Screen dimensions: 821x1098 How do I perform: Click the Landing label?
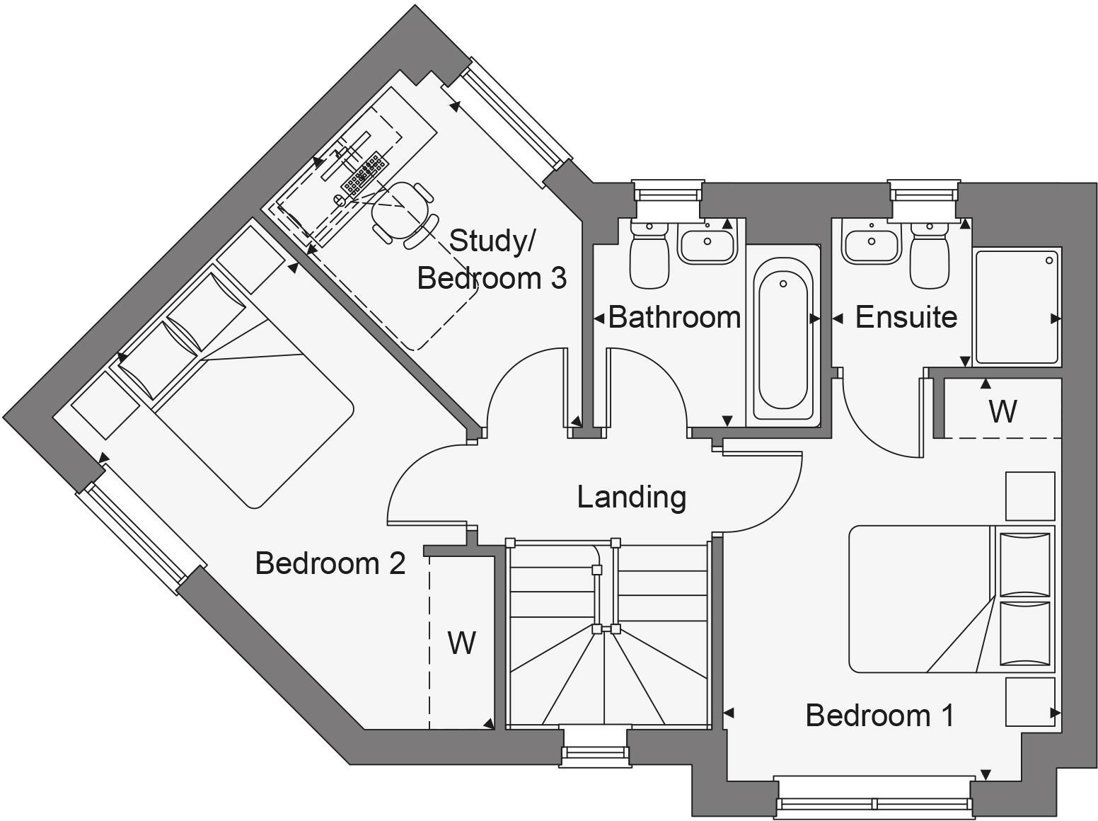coord(631,497)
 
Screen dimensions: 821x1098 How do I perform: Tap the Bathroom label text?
coord(674,317)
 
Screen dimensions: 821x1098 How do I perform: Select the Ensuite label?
coord(906,317)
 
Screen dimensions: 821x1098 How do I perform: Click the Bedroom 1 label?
coord(879,716)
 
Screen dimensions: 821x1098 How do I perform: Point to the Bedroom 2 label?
coord(330,563)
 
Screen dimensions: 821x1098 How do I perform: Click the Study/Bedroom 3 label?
coord(492,260)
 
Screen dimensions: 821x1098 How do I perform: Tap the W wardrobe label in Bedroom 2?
coord(461,643)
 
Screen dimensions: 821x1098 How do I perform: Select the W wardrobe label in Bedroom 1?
coord(1002,411)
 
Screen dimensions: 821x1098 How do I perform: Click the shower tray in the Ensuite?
coord(1017,306)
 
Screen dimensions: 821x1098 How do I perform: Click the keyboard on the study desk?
coord(364,172)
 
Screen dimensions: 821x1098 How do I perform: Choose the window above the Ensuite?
coord(923,193)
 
